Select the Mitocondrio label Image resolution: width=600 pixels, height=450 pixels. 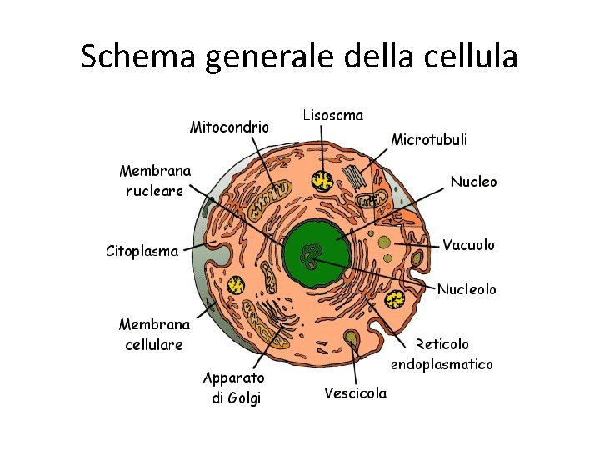point(229,127)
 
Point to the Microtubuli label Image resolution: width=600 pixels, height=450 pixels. point(429,139)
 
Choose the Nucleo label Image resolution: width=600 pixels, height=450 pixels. point(473,181)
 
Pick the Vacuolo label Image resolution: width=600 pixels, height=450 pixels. point(468,245)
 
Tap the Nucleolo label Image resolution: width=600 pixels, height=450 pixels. point(467,289)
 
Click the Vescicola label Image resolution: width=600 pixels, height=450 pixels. point(356,393)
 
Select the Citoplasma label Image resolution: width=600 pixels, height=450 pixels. point(142,250)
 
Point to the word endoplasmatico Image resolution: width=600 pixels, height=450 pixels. point(442,364)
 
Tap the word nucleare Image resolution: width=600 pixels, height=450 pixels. point(154,191)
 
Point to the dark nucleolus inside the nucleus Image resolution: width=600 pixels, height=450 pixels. point(314,253)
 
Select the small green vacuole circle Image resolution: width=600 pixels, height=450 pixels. point(386,242)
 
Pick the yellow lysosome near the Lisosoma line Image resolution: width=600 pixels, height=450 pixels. point(322,180)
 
